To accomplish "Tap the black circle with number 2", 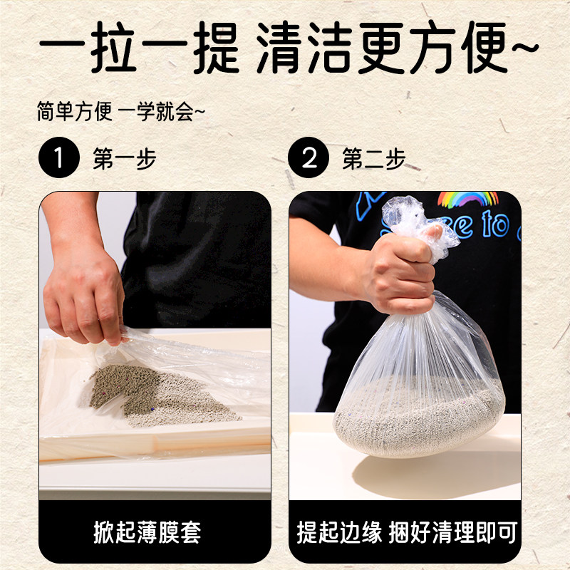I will (x=309, y=158).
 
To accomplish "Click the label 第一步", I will (x=124, y=159).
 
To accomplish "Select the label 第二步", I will (x=373, y=159).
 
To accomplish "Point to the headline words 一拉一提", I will (x=136, y=49).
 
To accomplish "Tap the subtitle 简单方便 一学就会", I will (x=121, y=112).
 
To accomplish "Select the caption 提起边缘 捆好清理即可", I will (x=406, y=532).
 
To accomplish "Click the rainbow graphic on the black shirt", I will (x=467, y=199).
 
